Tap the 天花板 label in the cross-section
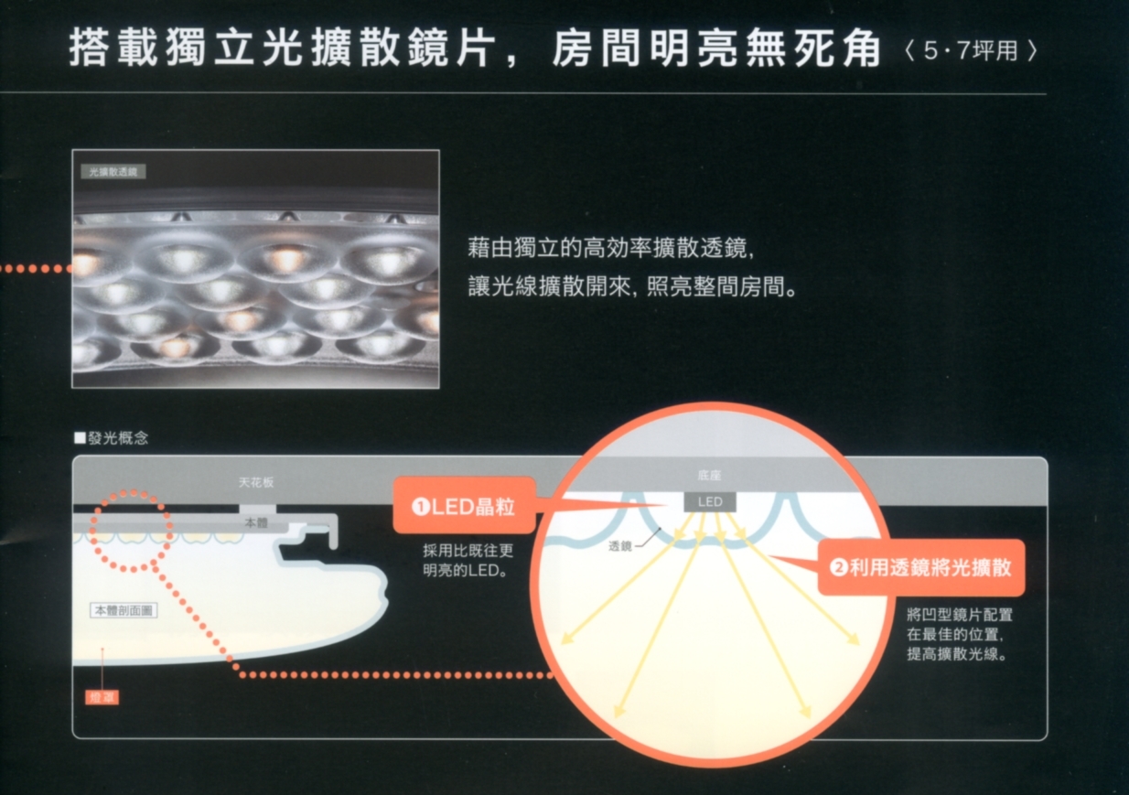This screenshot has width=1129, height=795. pyautogui.click(x=255, y=482)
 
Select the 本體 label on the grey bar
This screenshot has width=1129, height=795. pyautogui.click(x=255, y=522)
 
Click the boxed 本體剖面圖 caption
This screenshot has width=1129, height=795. pyautogui.click(x=124, y=610)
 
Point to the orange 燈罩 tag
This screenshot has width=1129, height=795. pyautogui.click(x=102, y=697)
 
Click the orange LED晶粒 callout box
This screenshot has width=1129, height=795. pyautogui.click(x=463, y=506)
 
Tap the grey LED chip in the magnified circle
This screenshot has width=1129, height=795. pyautogui.click(x=710, y=502)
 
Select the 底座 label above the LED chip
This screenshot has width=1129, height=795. pyautogui.click(x=709, y=476)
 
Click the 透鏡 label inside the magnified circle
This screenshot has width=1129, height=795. pyautogui.click(x=620, y=546)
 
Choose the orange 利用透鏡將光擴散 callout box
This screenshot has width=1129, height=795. pyautogui.click(x=920, y=568)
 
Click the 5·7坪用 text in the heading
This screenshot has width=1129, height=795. pyautogui.click(x=969, y=51)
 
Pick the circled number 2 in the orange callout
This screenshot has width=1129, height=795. pyautogui.click(x=838, y=568)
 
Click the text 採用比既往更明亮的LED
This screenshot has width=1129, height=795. pyautogui.click(x=468, y=560)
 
